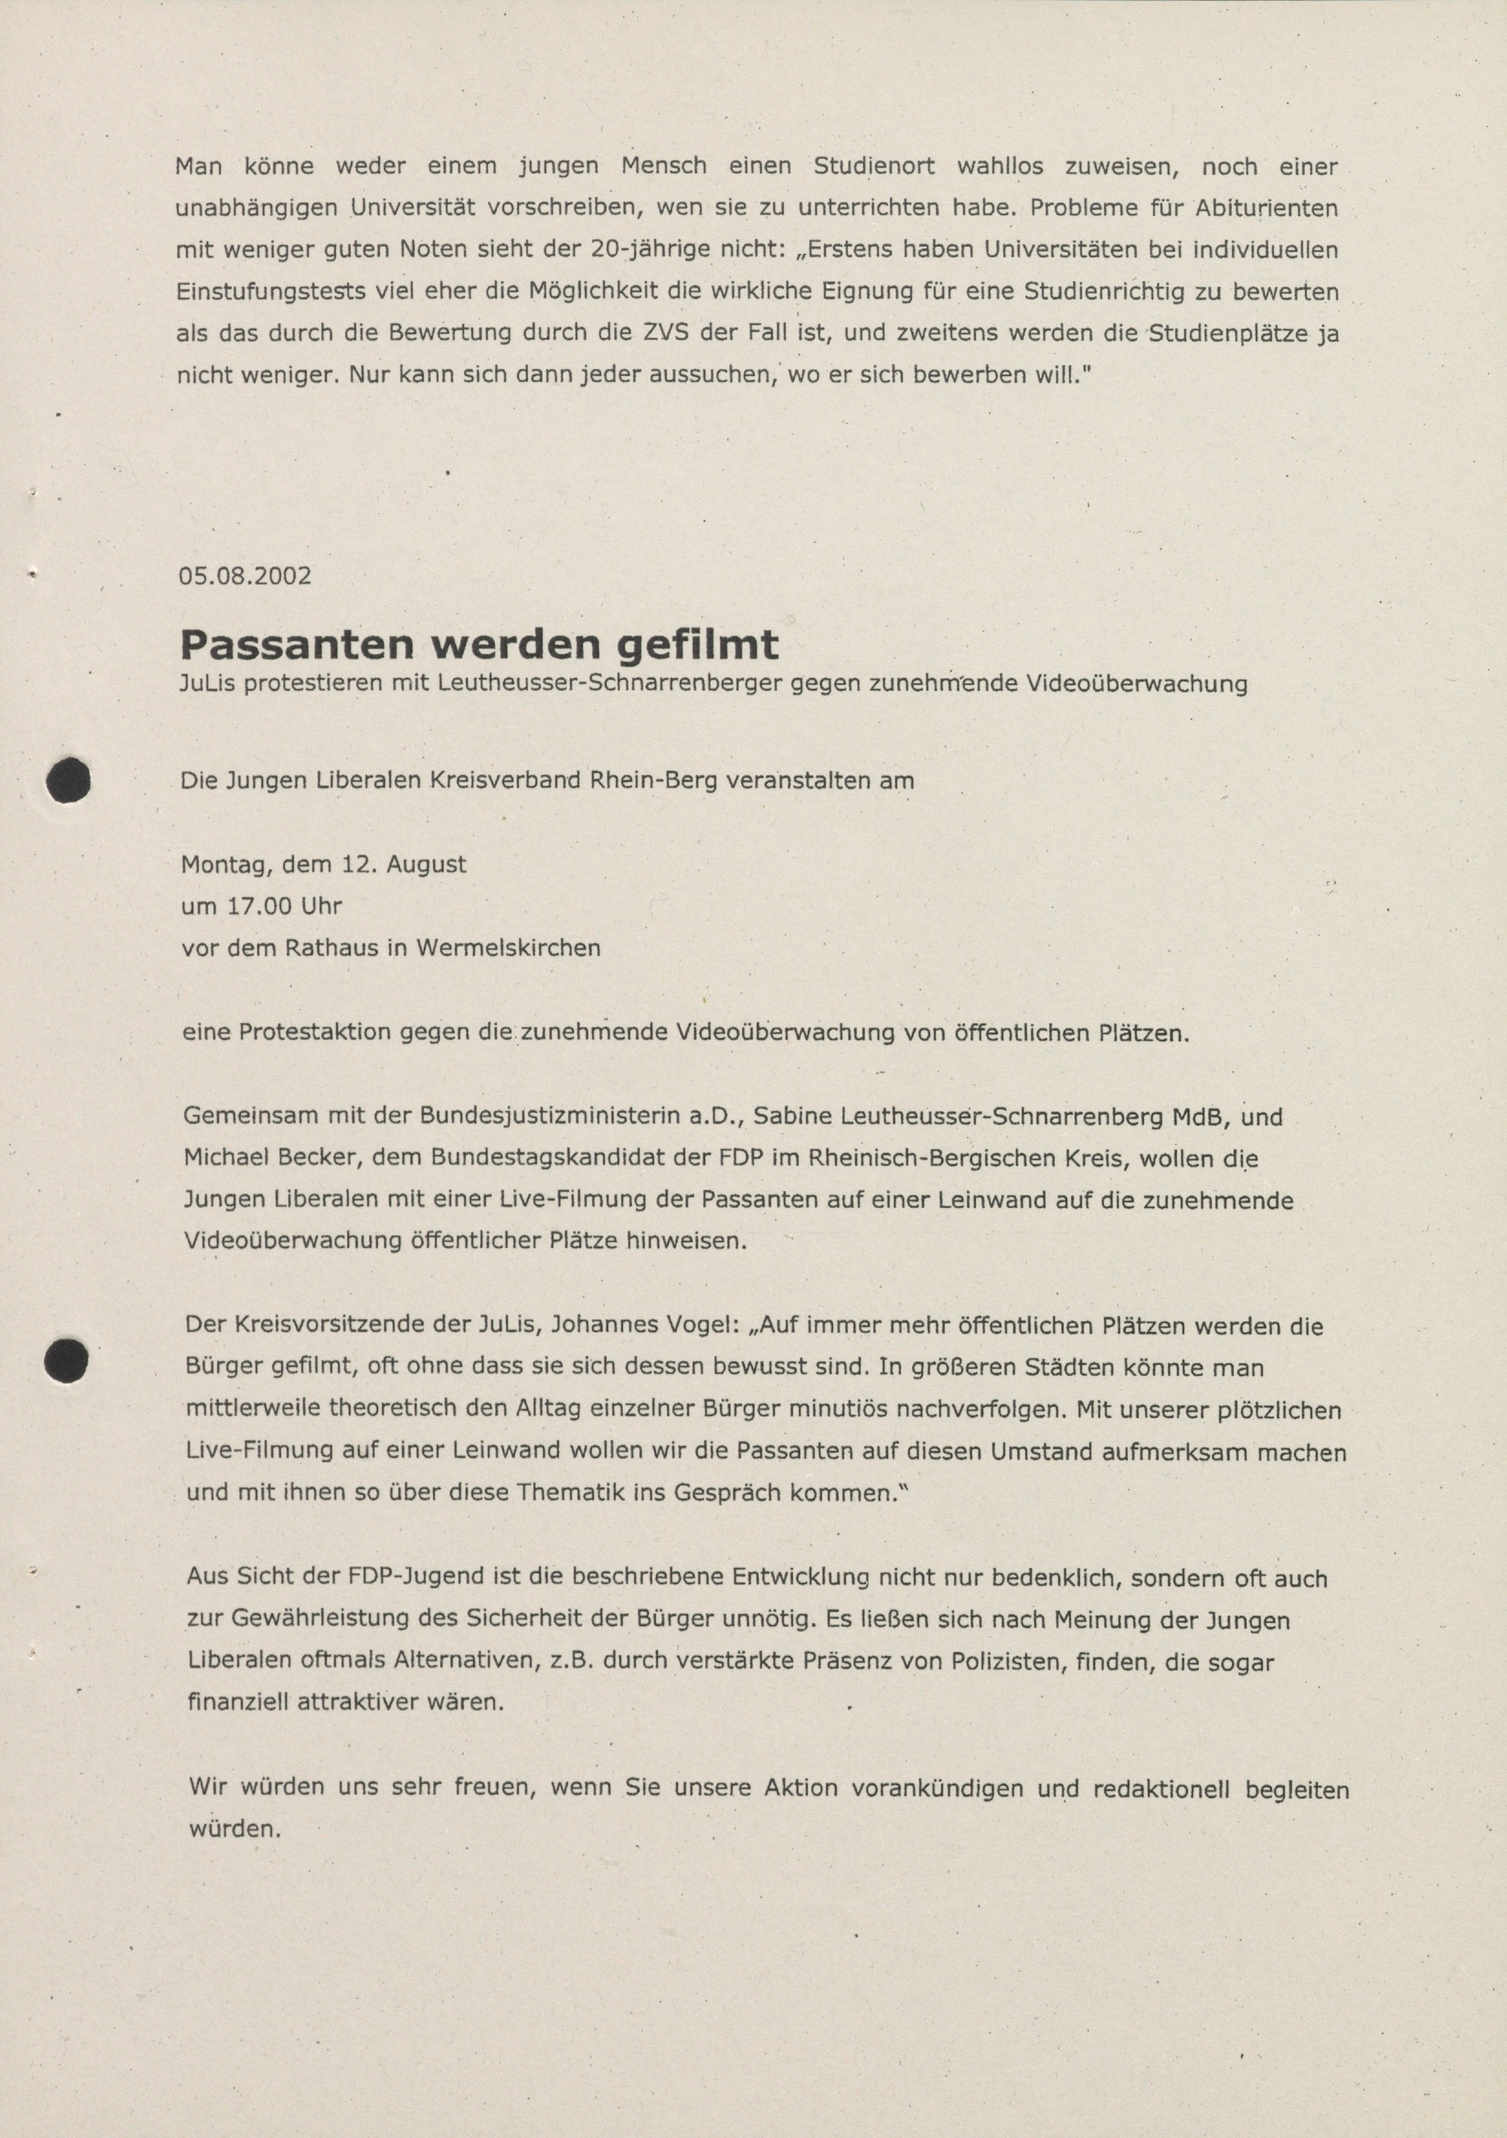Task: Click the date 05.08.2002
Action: click(245, 575)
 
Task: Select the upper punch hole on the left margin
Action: click(69, 781)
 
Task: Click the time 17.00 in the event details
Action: click(256, 905)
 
